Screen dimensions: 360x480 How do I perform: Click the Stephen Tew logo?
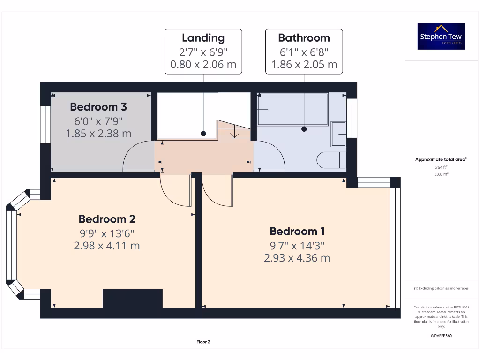(442, 36)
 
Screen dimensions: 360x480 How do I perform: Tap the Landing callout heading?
(203, 38)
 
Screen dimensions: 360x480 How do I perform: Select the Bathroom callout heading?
(304, 38)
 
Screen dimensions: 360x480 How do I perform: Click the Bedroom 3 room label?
(98, 107)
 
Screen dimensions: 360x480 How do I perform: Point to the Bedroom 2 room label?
(107, 219)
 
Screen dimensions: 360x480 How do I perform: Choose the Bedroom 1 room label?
(297, 231)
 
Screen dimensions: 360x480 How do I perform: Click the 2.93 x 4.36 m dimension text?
(297, 258)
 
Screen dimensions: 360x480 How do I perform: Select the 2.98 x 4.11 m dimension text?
(107, 246)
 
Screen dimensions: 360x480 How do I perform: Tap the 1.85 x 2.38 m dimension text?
(98, 134)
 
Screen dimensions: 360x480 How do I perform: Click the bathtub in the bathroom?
(292, 109)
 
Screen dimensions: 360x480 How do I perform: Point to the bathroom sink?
(338, 135)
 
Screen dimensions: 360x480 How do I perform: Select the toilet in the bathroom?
(331, 160)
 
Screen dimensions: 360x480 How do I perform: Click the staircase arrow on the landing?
(235, 134)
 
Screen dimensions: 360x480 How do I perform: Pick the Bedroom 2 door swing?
(175, 191)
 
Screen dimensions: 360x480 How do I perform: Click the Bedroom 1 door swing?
(217, 191)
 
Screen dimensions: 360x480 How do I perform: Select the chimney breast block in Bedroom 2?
(133, 298)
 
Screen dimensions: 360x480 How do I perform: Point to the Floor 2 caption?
(203, 342)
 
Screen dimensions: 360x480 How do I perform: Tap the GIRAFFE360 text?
(441, 336)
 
